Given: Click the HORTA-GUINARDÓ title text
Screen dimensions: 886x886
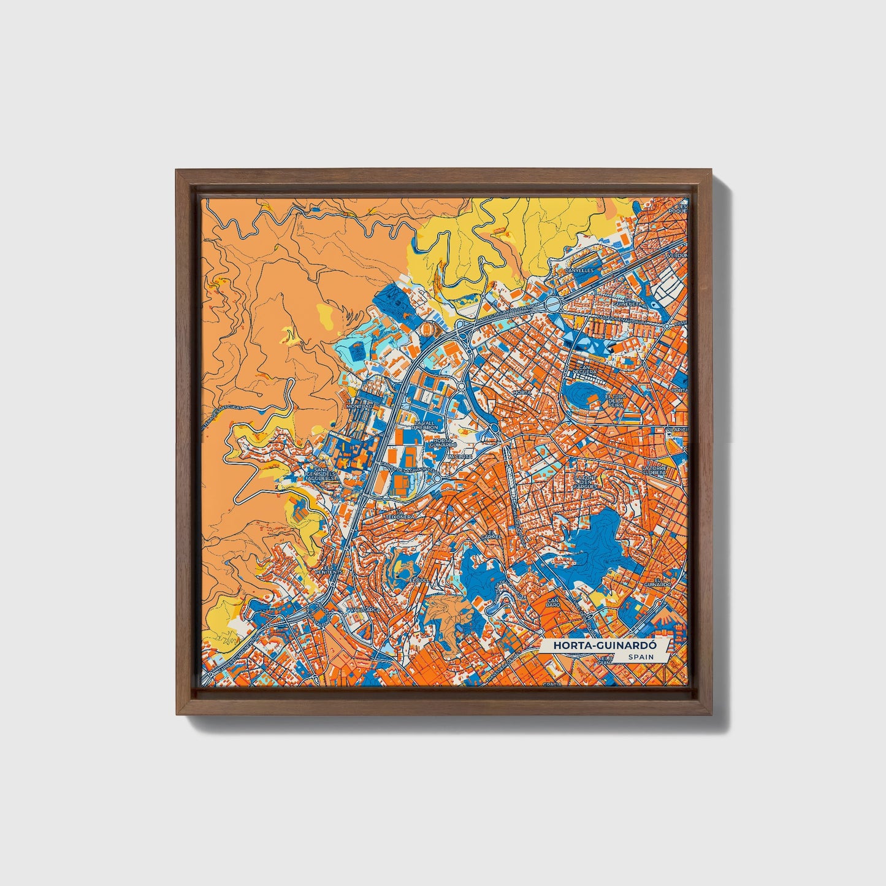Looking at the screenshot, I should tap(596, 646).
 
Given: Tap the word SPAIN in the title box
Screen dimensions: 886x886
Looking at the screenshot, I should tap(641, 657).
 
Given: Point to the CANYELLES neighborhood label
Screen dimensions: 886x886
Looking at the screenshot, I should tap(580, 269).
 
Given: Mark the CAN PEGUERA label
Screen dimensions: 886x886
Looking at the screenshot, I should tap(584, 372).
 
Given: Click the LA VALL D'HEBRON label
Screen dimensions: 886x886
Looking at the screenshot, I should tap(426, 425).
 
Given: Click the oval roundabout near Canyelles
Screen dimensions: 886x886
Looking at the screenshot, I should tap(552, 303).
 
